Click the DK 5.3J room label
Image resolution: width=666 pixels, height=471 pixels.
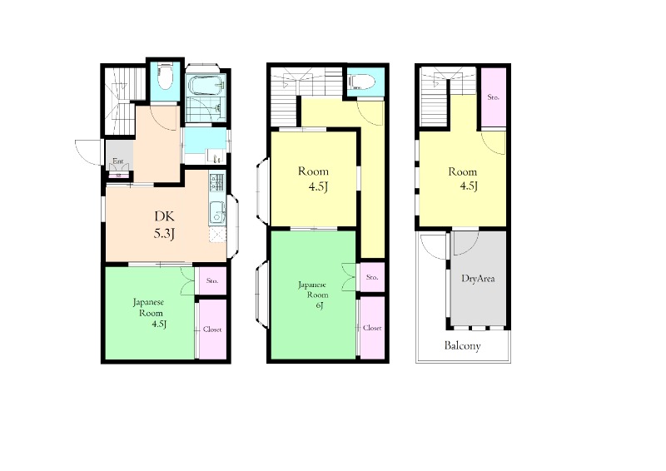164,225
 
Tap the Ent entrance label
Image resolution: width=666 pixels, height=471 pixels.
117,161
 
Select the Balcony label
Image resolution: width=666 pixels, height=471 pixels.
463,345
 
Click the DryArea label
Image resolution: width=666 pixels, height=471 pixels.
478,279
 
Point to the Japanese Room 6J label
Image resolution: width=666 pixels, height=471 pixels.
314,295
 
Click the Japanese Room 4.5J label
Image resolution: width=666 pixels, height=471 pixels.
149,313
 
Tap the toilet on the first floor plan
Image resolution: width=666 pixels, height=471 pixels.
164,77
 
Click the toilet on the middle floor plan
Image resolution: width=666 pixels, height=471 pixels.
361,82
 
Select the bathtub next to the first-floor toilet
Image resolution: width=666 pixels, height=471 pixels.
206,85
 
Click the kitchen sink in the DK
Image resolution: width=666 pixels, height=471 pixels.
216,213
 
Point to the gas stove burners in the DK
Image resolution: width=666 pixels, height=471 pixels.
216,182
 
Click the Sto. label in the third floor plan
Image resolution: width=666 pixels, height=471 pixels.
493,97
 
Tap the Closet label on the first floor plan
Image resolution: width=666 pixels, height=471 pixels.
212,330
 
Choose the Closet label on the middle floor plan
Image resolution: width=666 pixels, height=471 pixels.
372,328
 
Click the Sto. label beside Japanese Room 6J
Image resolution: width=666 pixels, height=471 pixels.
372,277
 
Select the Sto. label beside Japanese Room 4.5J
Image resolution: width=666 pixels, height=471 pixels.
212,280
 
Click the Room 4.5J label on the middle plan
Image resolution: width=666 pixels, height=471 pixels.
315,179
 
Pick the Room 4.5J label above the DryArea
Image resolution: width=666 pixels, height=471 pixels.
464,179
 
